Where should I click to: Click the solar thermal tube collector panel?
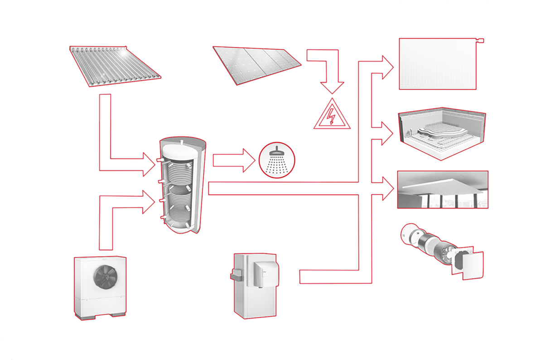(x=115, y=66)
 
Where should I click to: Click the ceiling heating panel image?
(x=442, y=189)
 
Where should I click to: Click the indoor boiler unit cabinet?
(x=254, y=285)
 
